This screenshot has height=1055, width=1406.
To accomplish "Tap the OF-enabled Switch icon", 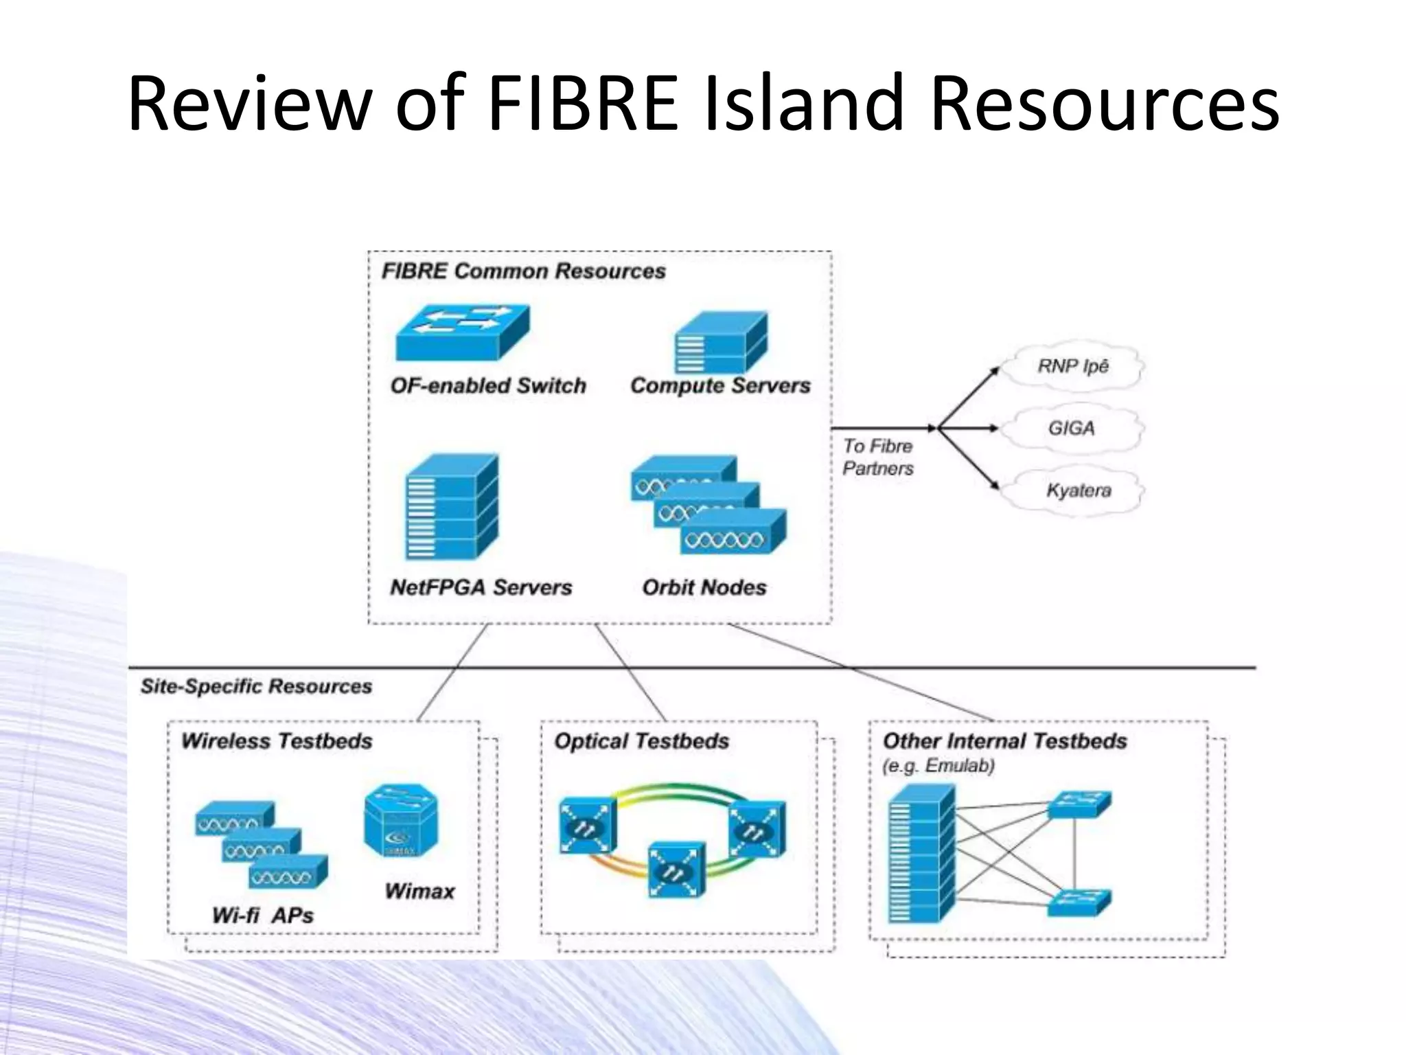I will coord(463,332).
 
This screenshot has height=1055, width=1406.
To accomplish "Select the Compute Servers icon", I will coord(720,343).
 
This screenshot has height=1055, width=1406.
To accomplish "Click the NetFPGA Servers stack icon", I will coord(451,507).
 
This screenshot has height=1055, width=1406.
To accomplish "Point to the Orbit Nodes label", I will coord(704,587).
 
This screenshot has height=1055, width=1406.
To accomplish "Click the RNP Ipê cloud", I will coord(1073,366).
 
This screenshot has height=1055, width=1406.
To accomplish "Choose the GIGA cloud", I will coord(1072,428).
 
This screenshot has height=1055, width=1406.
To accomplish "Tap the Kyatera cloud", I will coord(1077,490).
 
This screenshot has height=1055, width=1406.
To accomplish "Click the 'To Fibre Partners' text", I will coord(878,457).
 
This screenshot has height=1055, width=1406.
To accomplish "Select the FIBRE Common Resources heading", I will coord(523,271).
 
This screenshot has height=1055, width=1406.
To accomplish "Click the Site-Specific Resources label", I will coord(256,686).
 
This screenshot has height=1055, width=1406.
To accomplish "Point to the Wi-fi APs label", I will coord(263,915).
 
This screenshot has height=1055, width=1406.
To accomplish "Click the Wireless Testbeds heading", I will coord(277,741).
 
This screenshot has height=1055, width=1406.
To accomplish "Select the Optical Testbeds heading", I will coord(641,741).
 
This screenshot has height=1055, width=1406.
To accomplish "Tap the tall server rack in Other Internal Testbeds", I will coord(920,855).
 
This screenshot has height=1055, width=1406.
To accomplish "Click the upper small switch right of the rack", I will coord(1079,804).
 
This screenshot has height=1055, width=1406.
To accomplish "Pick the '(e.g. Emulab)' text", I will coord(938,766).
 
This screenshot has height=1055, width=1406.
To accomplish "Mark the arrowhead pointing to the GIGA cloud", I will coord(994,428).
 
